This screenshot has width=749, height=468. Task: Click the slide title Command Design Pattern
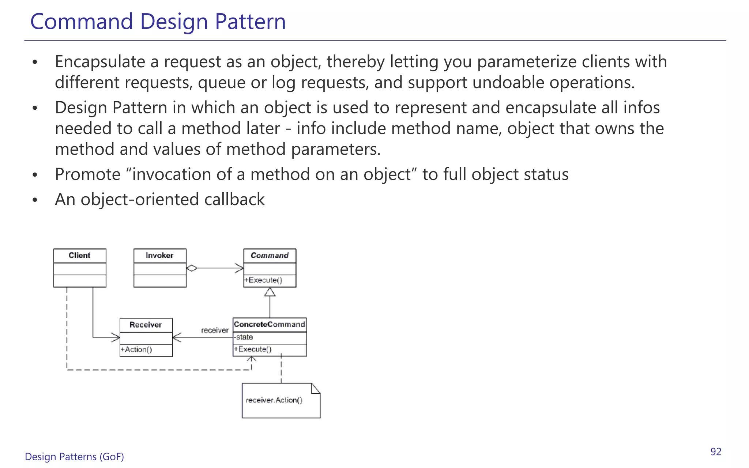(158, 21)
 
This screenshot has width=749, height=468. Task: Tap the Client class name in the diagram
(79, 256)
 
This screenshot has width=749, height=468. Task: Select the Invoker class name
(159, 256)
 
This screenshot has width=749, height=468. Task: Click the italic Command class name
(270, 256)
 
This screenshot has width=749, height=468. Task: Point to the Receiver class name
(146, 325)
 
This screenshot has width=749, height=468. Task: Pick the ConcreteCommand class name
(270, 325)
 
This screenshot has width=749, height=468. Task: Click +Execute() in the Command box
(263, 280)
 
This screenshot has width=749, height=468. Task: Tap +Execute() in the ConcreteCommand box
(253, 350)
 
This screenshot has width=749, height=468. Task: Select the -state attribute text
(244, 337)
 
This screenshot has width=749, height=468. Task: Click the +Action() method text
(136, 350)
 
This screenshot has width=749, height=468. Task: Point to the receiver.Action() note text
(274, 400)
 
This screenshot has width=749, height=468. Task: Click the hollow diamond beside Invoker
(192, 268)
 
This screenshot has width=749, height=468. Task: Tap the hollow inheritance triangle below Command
(270, 292)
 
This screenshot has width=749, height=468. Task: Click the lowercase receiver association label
(215, 331)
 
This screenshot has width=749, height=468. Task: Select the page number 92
(716, 452)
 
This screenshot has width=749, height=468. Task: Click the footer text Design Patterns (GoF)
(74, 457)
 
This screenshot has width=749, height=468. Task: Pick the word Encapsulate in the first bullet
(100, 62)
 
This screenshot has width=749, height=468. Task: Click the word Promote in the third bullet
(87, 174)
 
